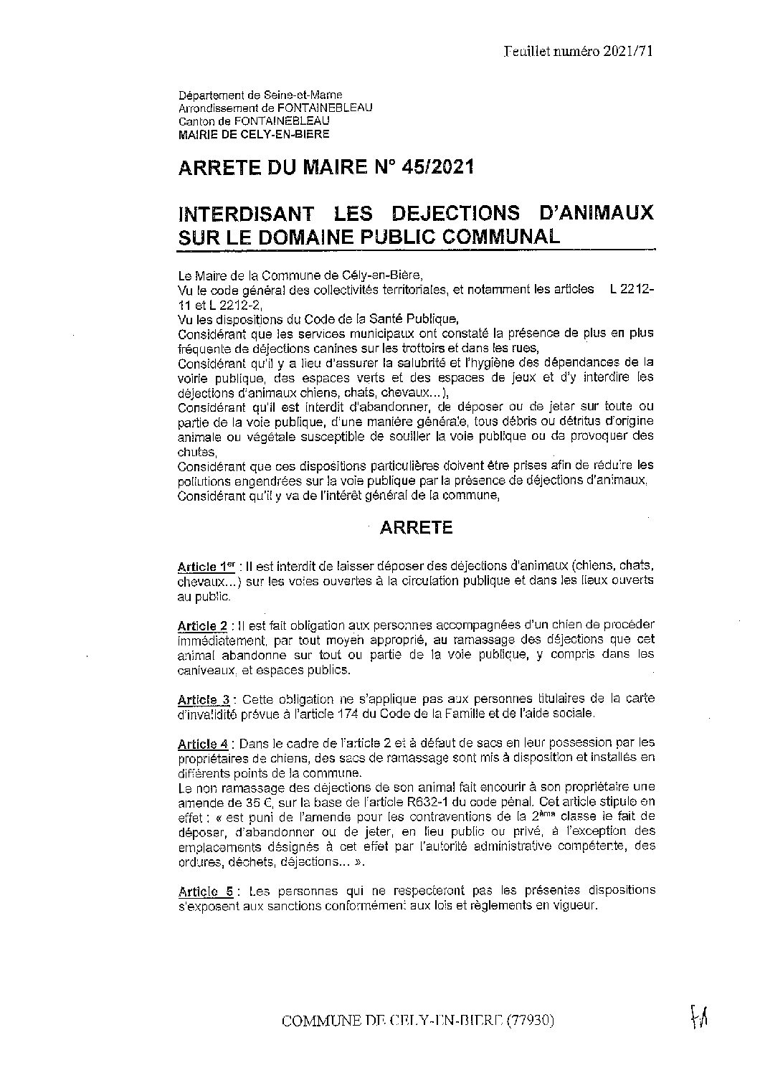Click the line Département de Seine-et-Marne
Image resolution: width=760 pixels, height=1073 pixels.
[x=260, y=95]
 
